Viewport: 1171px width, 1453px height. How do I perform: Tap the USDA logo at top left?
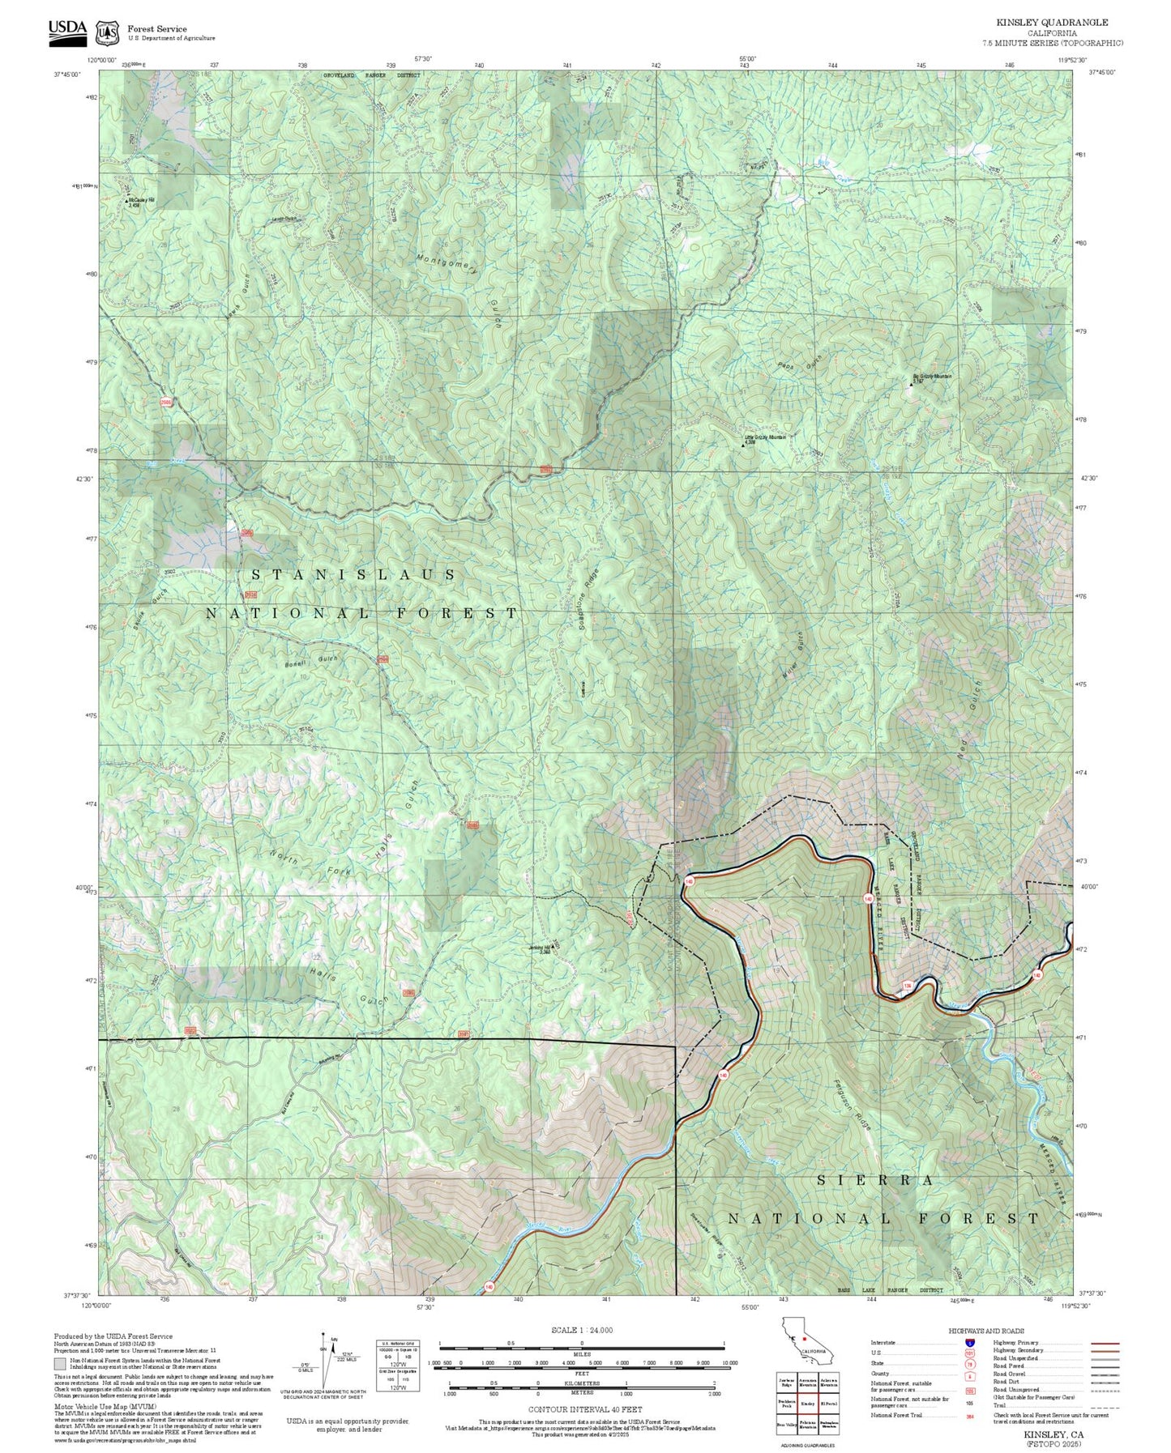tap(67, 29)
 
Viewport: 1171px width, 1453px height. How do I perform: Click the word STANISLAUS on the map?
tap(353, 574)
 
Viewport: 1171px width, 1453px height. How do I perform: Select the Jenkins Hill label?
tap(540, 948)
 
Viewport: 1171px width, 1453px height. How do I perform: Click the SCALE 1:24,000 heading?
tap(582, 1330)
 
